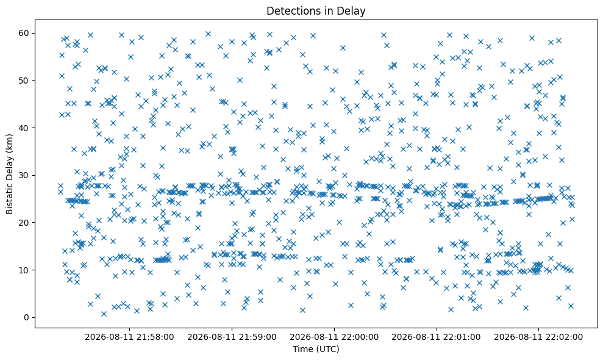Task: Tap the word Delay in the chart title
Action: (352, 11)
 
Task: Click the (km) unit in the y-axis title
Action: (10, 143)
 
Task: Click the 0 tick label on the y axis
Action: (27, 318)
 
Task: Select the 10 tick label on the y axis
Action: (24, 270)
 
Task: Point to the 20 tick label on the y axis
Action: (24, 223)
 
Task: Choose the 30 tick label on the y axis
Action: (24, 176)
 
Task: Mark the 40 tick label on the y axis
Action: (24, 128)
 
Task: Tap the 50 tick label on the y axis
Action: (24, 81)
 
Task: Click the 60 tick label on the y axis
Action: (24, 33)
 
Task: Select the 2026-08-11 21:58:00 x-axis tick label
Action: (129, 337)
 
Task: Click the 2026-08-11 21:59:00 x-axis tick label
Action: (232, 337)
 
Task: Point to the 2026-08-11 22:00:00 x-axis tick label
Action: (334, 337)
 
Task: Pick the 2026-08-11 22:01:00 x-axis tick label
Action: (436, 337)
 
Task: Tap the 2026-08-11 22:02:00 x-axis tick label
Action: (538, 337)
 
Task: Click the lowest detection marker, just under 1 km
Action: (104, 314)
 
